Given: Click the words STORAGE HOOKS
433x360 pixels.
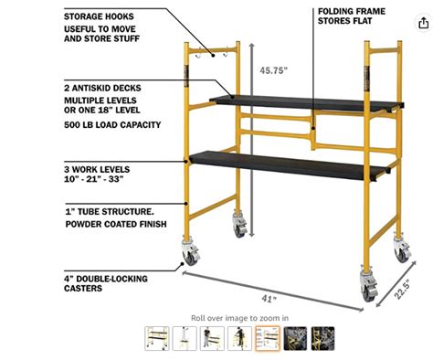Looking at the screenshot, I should coord(100,16).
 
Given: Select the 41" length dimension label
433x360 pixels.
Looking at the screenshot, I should coord(266,298).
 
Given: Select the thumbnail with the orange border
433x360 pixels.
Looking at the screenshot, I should coord(268,339).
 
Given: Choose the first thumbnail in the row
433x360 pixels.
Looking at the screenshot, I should coord(156,339).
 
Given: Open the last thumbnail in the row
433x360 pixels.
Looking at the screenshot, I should coord(323,339).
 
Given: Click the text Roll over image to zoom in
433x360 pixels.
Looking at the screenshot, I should coord(239,317).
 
